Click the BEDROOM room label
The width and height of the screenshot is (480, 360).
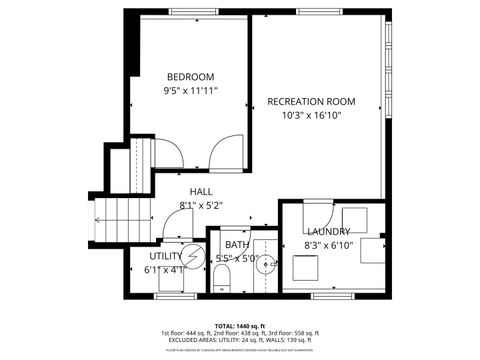(x=190, y=77)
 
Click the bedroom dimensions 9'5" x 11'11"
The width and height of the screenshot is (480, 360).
(x=190, y=90)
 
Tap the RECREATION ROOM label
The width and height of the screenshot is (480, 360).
(x=311, y=101)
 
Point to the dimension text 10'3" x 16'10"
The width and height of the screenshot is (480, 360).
(x=311, y=115)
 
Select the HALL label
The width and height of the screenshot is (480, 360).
(x=200, y=192)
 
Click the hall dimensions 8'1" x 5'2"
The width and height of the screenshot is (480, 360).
(x=200, y=206)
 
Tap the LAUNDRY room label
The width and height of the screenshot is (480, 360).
(x=328, y=231)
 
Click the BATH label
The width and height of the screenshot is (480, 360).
(x=237, y=245)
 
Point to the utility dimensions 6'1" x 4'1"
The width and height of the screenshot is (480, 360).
(x=165, y=269)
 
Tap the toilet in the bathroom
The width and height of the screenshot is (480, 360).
(x=223, y=277)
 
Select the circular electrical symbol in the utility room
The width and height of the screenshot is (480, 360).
(x=191, y=256)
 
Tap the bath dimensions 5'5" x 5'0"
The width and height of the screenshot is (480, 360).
(x=237, y=259)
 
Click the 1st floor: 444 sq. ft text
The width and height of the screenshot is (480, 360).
(x=188, y=333)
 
